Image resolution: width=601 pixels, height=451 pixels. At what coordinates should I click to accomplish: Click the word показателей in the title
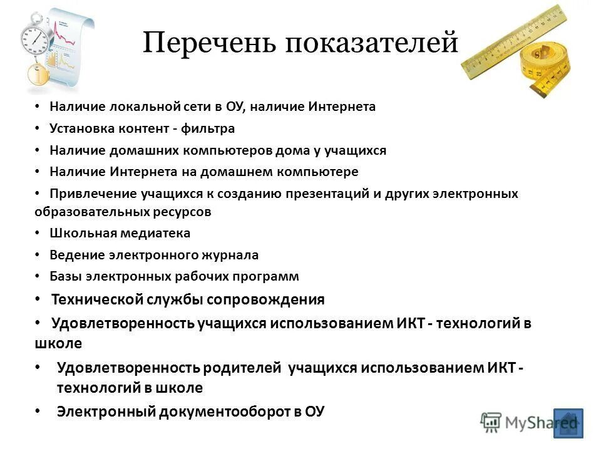371,44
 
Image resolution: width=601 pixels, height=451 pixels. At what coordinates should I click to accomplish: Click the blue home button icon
568,423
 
